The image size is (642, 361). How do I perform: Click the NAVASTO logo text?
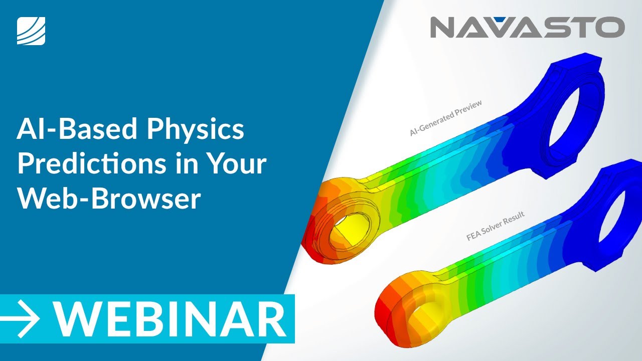coord(527,27)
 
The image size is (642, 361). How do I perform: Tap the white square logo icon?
coord(31,31)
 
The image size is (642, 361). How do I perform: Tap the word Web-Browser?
coord(108,199)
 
